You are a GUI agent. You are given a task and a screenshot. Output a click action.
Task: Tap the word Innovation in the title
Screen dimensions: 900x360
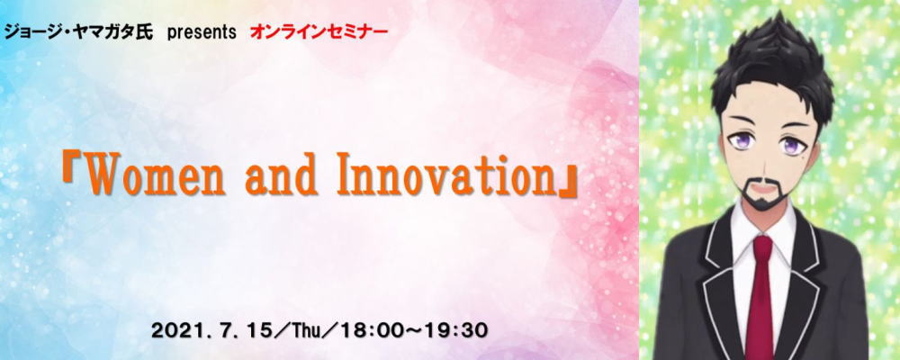click(x=446, y=175)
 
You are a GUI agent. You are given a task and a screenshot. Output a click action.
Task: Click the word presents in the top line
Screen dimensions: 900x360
click(x=202, y=32)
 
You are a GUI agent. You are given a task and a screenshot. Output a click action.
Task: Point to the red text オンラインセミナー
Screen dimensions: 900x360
click(x=319, y=32)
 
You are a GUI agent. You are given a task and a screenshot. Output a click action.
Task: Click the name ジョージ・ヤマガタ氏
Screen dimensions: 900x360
click(x=78, y=32)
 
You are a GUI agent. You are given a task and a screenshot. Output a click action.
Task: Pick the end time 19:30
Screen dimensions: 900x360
click(x=459, y=330)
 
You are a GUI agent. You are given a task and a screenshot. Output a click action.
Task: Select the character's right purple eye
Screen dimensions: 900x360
click(x=792, y=145)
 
